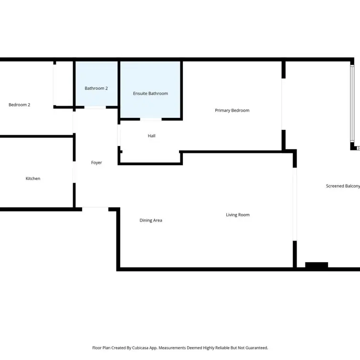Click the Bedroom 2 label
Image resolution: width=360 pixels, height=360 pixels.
pos(19,105)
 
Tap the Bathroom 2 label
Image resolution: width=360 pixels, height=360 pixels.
pos(96,88)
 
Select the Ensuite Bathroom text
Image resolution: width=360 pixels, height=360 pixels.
pos(150,94)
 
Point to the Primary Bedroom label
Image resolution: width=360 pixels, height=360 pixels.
pos(232,110)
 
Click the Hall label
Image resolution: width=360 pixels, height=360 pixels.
pos(151,136)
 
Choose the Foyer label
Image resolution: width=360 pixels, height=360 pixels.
pos(96,163)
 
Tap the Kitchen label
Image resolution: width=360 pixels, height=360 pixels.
pos(33,179)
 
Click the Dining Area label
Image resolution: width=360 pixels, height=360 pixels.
pos(151,221)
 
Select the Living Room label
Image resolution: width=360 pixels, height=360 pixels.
pos(238,215)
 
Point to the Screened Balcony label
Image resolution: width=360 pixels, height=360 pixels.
pos(343,186)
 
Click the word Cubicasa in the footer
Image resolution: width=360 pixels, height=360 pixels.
pos(140,348)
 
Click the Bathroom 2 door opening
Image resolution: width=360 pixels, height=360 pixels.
pos(95,107)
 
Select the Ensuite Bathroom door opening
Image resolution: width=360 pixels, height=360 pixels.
pos(151,119)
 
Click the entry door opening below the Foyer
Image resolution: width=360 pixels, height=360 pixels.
pos(95,209)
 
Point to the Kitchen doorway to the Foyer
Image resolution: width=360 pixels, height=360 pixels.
pos(74,172)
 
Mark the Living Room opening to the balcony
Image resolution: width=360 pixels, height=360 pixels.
pos(295,204)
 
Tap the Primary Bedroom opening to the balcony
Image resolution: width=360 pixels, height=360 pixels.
pos(284,104)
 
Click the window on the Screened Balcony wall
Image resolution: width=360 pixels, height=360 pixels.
pos(352,104)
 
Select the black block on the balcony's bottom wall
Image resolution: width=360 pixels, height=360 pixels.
pos(317,265)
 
